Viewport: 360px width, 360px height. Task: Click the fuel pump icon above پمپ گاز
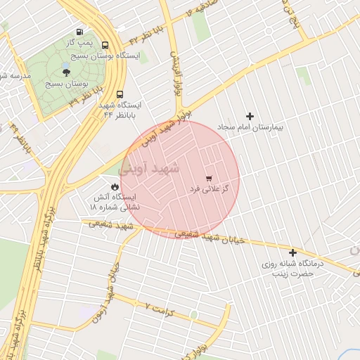79,32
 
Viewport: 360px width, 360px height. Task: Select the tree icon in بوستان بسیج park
66,72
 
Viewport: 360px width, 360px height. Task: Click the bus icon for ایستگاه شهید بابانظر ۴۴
120,94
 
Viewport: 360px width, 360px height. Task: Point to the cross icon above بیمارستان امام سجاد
249,116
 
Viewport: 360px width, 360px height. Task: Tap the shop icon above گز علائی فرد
208,178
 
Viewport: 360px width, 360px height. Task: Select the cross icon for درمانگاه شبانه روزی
292,252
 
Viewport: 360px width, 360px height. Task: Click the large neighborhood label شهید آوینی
149,169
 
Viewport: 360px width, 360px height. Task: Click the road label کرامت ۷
157,307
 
